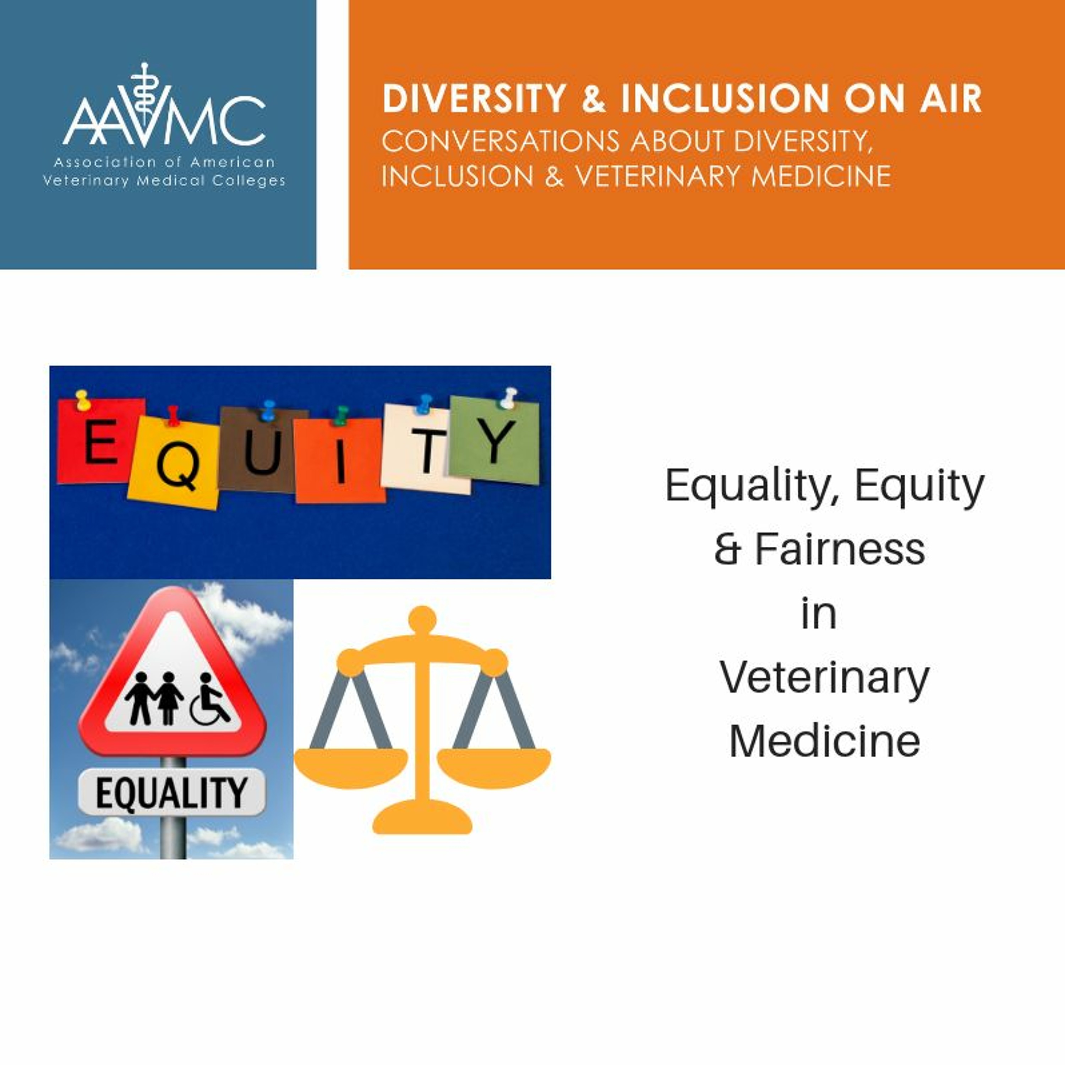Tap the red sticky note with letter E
(101, 441)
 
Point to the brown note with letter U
(263, 450)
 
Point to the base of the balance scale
(422, 818)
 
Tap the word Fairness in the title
(840, 550)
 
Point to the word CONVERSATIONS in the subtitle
(501, 142)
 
